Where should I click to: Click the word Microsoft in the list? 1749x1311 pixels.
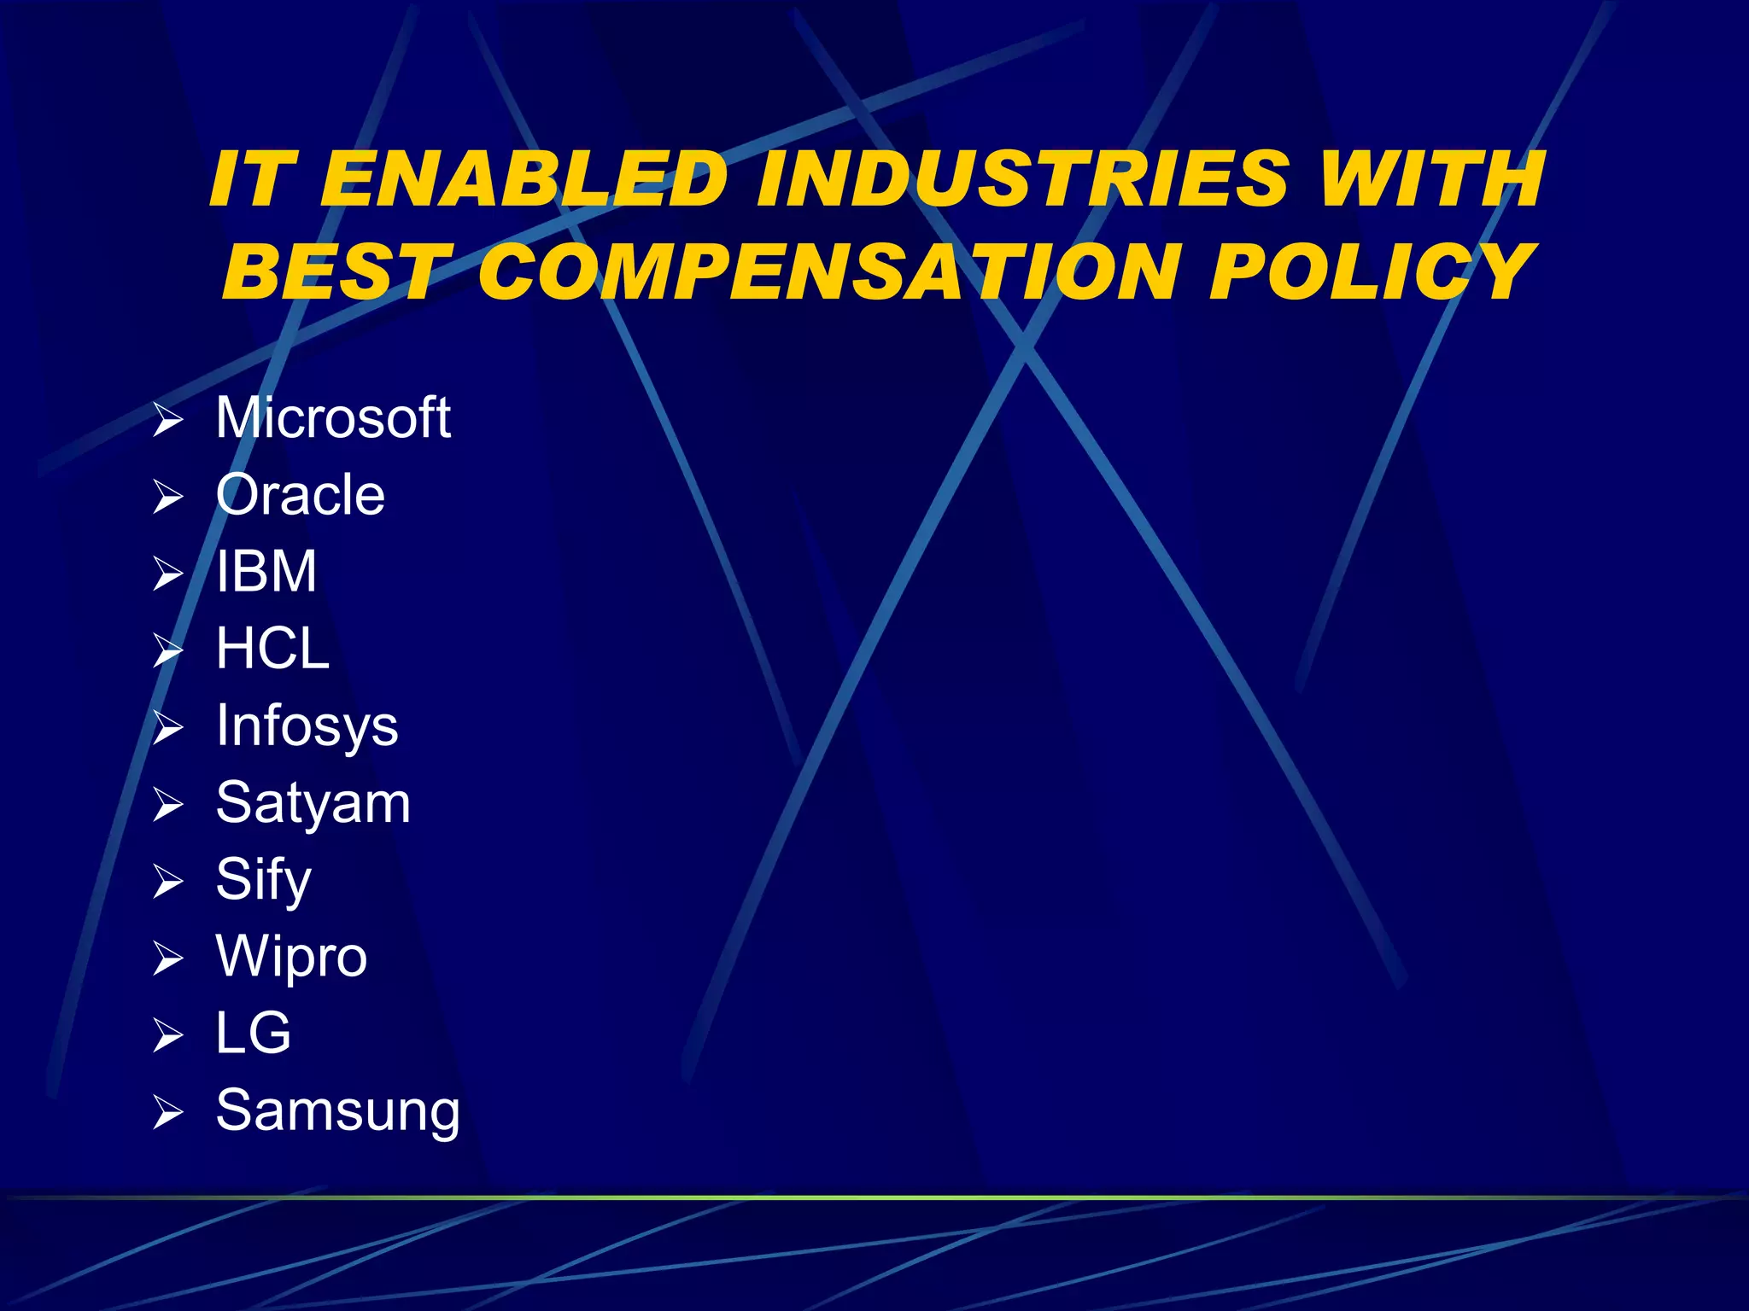click(x=332, y=418)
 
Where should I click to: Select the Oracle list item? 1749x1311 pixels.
click(x=300, y=495)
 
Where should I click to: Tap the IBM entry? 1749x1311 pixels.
click(x=266, y=571)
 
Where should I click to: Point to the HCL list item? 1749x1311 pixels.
click(x=272, y=649)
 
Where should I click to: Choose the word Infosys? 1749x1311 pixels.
click(x=307, y=726)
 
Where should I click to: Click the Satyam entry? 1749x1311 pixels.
click(x=313, y=803)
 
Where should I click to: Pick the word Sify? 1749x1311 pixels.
click(x=263, y=880)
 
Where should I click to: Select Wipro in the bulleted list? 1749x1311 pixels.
click(x=291, y=957)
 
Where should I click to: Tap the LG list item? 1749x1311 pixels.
click(x=253, y=1034)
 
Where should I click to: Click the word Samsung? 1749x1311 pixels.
click(x=337, y=1111)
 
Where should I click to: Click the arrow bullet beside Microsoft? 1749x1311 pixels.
click(x=168, y=421)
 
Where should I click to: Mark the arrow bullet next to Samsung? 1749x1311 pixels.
click(x=168, y=1113)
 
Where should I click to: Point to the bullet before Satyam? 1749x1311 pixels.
click(x=168, y=805)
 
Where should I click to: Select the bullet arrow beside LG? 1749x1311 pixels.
click(x=168, y=1035)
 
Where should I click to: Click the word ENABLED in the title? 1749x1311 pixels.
click(x=523, y=179)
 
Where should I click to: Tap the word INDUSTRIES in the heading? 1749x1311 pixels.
click(x=1021, y=179)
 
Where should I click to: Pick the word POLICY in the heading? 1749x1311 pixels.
click(x=1371, y=271)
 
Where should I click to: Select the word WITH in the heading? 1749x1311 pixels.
click(x=1431, y=179)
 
